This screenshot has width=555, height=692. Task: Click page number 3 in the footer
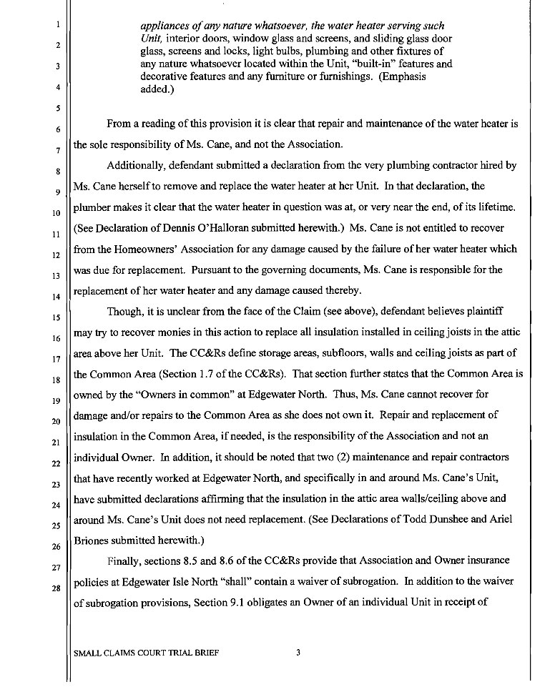[x=298, y=653]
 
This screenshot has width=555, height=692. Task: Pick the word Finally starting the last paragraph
[x=124, y=560]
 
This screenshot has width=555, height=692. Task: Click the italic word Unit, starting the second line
[x=152, y=38]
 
